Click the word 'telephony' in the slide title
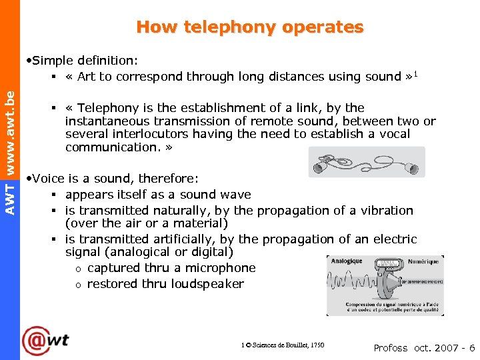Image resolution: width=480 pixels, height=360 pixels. tap(220, 27)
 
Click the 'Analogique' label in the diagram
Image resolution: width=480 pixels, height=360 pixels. tap(347, 261)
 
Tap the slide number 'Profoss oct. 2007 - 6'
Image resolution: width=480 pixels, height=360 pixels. tap(424, 348)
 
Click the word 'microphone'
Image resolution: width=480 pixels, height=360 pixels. tap(223, 268)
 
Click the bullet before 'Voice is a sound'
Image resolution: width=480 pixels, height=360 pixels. tap(27, 179)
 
